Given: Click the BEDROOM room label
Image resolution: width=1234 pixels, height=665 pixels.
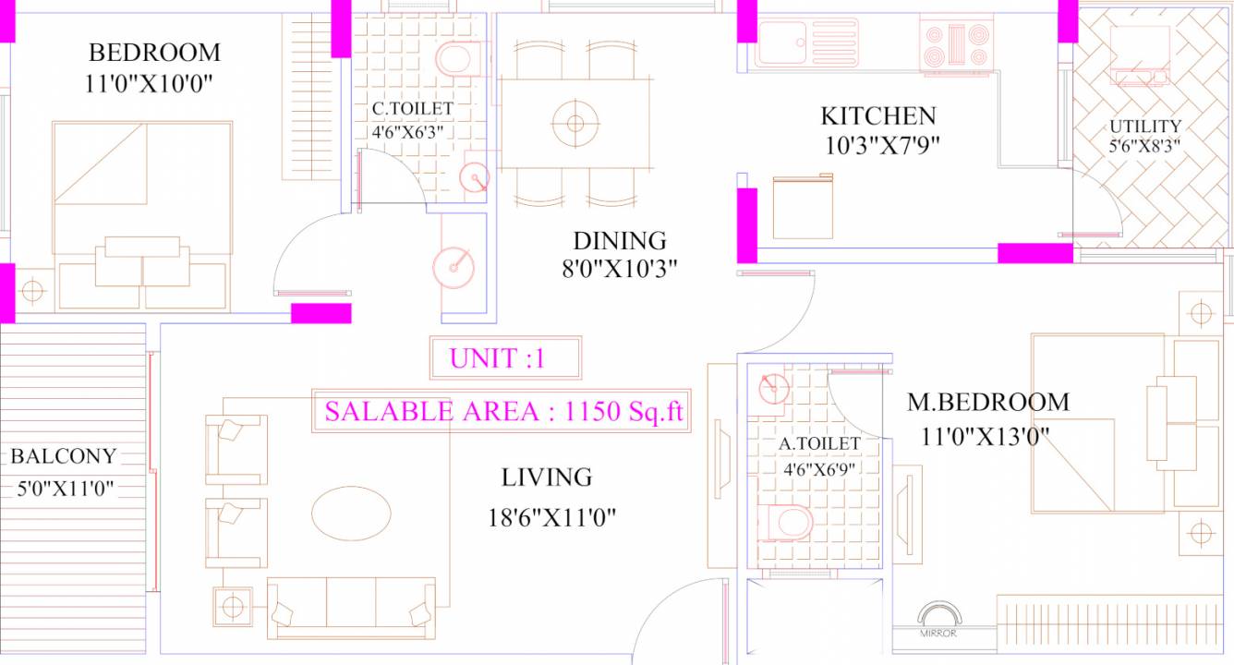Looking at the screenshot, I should click(154, 52).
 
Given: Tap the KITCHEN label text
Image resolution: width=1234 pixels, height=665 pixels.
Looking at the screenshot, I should click(877, 116).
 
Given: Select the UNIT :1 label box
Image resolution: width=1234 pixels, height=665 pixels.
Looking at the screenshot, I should click(505, 358).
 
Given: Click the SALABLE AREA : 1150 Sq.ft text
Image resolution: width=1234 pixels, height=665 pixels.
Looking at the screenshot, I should click(502, 412).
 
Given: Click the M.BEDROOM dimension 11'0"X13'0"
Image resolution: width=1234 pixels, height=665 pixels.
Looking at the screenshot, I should click(985, 436).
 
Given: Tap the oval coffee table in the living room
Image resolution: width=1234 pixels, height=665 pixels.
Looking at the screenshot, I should click(351, 513).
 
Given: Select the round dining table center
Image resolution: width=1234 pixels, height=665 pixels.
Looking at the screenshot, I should click(575, 122).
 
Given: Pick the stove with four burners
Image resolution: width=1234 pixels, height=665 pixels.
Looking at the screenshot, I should click(956, 43).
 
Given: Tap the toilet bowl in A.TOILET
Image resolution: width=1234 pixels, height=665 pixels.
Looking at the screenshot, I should click(792, 523).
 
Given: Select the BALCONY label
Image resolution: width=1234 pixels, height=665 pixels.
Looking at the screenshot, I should click(64, 456).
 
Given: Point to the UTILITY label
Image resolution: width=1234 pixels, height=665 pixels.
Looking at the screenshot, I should click(1145, 127).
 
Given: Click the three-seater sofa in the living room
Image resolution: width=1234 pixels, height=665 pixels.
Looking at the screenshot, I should click(351, 608).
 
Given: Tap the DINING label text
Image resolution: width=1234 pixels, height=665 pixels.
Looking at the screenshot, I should click(620, 241).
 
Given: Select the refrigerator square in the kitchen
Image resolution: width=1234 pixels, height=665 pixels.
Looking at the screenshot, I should click(802, 207).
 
